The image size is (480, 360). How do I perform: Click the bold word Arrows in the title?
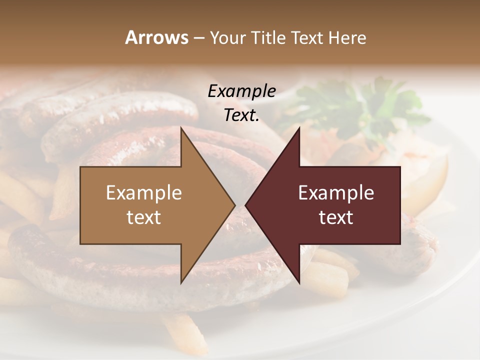coord(156,37)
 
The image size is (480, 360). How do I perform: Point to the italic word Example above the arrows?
coord(241,91)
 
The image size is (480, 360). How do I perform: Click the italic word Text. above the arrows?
coord(241,115)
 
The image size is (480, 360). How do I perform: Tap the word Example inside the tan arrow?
coord(144,193)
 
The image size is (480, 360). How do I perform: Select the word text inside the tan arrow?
coord(144,217)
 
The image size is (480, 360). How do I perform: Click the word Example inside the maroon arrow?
coord(336,193)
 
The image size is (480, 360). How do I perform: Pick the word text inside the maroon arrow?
coord(336,217)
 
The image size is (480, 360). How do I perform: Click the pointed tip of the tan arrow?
coord(234,205)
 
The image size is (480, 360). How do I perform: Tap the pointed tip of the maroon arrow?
coord(246,205)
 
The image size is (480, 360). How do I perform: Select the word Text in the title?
coord(306,37)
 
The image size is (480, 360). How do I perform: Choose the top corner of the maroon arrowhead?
coord(299,128)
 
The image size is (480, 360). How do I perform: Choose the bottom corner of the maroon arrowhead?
coord(299,282)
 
